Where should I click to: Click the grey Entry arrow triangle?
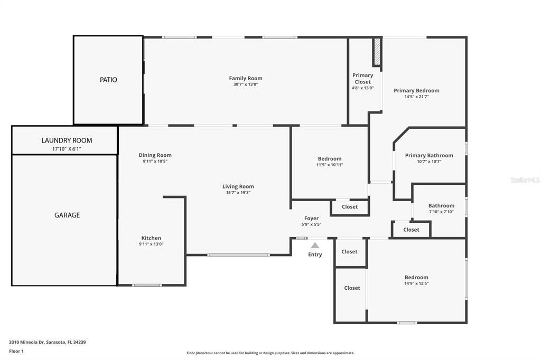(315, 245)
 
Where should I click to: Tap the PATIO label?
(108, 80)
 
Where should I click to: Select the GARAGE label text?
(67, 215)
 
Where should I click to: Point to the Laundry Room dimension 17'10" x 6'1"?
(64, 149)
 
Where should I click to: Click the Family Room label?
(245, 78)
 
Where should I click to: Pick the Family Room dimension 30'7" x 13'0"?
(245, 84)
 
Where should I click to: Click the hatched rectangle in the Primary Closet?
(377, 52)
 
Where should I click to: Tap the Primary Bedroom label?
(416, 90)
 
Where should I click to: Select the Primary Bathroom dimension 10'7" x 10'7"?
(429, 162)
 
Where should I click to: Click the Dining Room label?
(155, 155)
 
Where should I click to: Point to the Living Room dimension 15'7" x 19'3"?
(238, 193)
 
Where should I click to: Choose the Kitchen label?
(151, 238)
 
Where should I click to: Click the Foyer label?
(311, 218)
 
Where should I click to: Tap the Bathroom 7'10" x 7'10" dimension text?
(441, 212)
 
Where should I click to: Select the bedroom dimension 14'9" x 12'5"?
(416, 283)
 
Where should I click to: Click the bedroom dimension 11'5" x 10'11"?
(330, 165)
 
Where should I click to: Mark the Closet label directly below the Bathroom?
(411, 230)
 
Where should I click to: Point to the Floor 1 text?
(17, 351)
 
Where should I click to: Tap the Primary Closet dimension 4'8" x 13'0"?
(362, 88)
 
